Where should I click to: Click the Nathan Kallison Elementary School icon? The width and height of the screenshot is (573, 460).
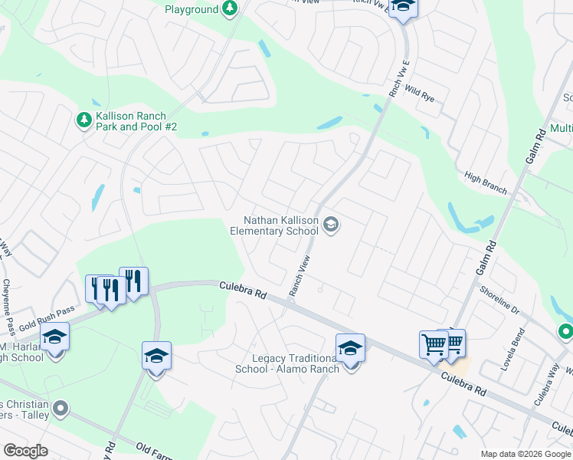tap(331, 225)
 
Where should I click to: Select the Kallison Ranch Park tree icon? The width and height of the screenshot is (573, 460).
tap(83, 120)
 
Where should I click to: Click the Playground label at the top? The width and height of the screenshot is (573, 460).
tap(192, 9)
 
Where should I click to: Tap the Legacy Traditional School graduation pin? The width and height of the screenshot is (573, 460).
tap(350, 349)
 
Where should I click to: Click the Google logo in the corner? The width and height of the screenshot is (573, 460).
tap(25, 451)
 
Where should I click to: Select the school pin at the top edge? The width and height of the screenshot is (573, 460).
tap(402, 7)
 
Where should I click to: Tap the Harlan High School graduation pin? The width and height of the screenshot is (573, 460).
tap(55, 337)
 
